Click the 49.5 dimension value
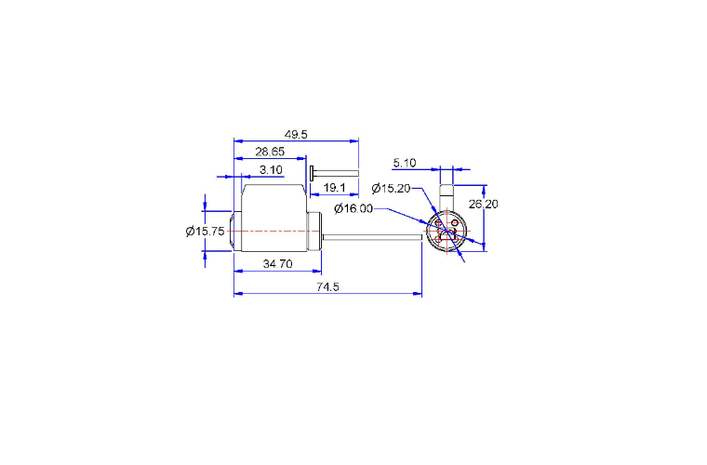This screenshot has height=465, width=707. click(x=296, y=134)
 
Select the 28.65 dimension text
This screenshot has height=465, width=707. click(x=270, y=152)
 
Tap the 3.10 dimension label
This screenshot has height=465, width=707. click(x=271, y=170)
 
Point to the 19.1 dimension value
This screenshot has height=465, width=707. click(x=335, y=188)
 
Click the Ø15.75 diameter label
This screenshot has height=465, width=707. click(x=206, y=232)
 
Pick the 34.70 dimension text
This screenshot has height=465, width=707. click(x=278, y=263)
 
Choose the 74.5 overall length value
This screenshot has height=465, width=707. click(x=327, y=286)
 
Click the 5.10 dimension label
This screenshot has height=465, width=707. click(x=405, y=163)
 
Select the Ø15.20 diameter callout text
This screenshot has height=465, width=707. click(x=391, y=189)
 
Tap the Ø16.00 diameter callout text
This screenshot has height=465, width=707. click(x=353, y=208)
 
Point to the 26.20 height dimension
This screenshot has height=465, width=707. click(x=484, y=204)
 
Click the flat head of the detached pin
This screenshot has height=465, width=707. click(x=312, y=174)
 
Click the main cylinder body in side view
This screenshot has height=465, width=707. click(x=274, y=218)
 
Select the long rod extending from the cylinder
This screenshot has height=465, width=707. click(x=372, y=237)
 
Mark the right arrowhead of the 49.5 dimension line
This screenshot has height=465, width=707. click(x=353, y=140)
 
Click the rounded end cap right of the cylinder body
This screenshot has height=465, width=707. click(x=314, y=232)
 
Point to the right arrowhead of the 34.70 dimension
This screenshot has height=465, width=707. click(x=317, y=272)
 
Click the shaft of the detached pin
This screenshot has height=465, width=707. click(x=337, y=174)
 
